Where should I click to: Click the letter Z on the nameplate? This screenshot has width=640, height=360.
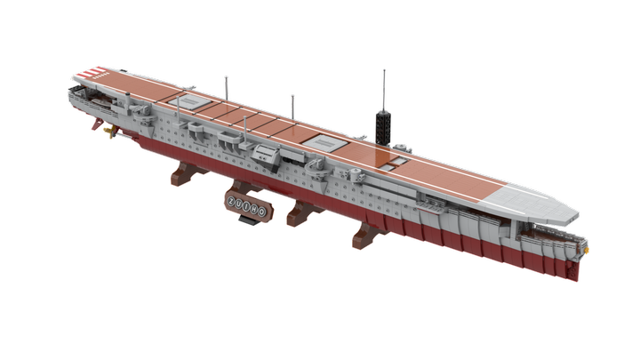tap(232, 201)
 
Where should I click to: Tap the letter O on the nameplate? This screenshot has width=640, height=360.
tap(261, 212)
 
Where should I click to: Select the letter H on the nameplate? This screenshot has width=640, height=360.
tap(254, 209)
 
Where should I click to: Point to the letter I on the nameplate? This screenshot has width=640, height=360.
tap(247, 206)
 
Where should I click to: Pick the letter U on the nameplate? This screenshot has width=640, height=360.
tap(239, 204)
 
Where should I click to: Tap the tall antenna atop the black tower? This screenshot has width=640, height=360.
tap(384, 90)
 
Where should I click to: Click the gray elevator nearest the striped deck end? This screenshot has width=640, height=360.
tap(189, 100)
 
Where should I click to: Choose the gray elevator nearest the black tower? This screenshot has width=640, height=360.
tap(325, 142)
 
